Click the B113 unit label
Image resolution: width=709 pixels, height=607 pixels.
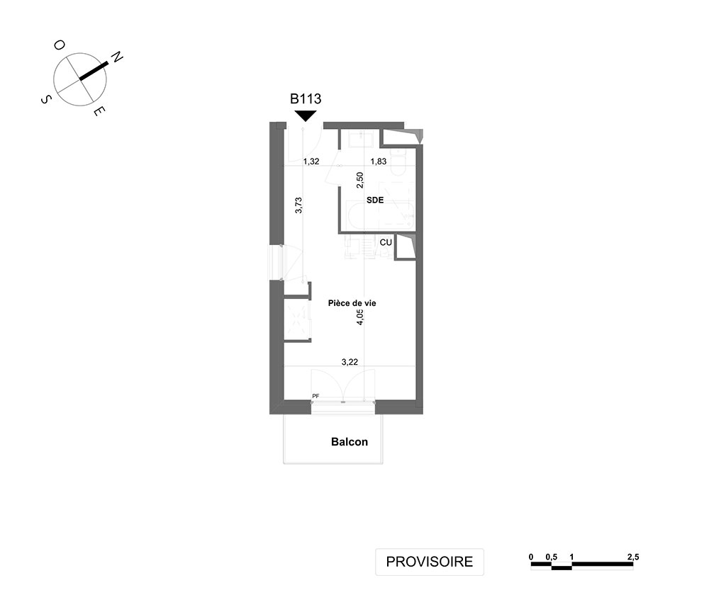tap(306, 98)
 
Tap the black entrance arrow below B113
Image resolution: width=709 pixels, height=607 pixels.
tap(306, 115)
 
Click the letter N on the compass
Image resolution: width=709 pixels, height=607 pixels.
tap(117, 57)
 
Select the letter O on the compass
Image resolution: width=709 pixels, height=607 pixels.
tap(60, 45)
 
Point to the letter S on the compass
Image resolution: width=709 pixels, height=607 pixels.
tap(46, 99)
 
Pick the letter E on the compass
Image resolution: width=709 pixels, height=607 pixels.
tap(99, 111)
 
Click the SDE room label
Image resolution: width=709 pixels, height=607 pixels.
tap(375, 200)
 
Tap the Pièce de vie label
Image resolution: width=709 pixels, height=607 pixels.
tap(352, 303)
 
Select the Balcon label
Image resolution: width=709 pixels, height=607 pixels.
tap(350, 442)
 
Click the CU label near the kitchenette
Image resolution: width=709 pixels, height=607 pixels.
tap(386, 242)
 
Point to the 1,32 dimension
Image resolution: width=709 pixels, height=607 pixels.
tap(311, 161)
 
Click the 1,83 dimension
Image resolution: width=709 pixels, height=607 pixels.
tap(378, 161)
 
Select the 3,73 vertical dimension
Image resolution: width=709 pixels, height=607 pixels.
tap(298, 205)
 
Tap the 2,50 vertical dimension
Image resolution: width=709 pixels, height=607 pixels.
tap(360, 180)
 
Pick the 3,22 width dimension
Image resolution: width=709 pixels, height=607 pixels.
tap(350, 362)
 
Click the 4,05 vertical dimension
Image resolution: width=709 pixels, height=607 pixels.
tap(360, 317)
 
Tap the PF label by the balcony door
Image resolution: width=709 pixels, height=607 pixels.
tap(316, 396)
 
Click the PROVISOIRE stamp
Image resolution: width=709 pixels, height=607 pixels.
tap(430, 562)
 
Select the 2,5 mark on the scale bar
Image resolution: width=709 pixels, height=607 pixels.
tap(633, 557)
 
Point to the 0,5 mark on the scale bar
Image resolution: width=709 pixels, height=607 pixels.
tap(551, 557)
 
